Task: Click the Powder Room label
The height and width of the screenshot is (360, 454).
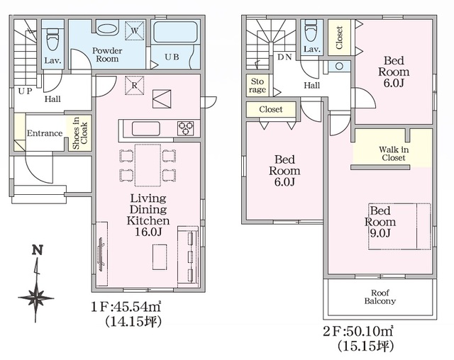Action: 107,55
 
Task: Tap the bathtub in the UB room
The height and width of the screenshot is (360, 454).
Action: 175,32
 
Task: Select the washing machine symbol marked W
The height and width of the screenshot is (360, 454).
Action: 135,30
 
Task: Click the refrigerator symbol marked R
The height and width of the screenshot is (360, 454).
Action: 134,85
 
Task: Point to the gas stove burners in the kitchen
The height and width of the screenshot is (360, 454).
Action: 186,128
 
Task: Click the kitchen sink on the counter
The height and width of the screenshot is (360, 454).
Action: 145,129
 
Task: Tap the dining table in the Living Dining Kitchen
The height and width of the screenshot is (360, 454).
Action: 148,165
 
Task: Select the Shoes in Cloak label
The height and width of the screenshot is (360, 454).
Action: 80,133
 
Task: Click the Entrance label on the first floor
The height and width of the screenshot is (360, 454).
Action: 45,133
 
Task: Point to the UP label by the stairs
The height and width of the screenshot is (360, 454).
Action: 25,91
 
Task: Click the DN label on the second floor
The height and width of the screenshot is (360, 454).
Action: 284,57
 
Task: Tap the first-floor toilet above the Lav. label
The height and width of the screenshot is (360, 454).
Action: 52,39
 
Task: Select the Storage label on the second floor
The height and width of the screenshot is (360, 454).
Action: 258,86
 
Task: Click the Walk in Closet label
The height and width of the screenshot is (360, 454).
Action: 394,154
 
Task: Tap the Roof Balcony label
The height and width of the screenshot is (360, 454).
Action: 380,297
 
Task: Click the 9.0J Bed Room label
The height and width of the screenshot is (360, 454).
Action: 380,222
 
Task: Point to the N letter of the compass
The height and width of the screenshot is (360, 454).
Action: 38,249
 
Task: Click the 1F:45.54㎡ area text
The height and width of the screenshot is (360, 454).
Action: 126,307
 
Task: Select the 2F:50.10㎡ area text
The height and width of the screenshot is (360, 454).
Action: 358,331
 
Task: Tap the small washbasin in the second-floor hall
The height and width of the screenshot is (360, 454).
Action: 339,66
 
